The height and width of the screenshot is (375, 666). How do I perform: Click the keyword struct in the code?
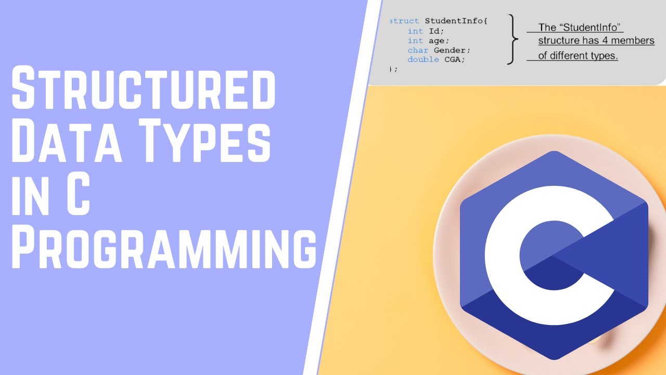point(405,21)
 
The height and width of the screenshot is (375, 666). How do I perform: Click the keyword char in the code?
point(418,50)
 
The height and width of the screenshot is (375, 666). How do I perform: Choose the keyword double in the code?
point(422,59)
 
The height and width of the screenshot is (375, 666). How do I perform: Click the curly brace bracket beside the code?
point(513,40)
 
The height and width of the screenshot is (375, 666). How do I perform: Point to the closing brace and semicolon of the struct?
point(393,69)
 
